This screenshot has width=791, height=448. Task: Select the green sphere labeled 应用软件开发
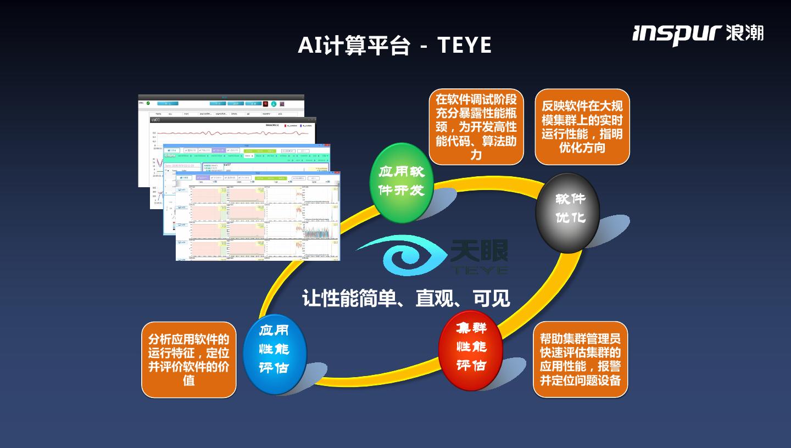(x=402, y=182)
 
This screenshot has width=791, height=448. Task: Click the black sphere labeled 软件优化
(x=567, y=212)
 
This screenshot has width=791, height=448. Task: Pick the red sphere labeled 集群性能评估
(x=471, y=350)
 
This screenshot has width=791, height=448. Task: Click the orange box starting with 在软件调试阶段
(x=476, y=127)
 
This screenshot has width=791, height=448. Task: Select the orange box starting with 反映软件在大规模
(x=582, y=127)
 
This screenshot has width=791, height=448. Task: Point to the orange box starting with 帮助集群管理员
(x=580, y=359)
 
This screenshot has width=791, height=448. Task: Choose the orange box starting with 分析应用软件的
(x=188, y=360)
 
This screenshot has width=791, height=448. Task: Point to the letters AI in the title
(x=310, y=46)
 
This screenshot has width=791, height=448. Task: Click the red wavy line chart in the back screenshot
(x=209, y=133)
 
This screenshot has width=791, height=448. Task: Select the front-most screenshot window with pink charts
(x=258, y=220)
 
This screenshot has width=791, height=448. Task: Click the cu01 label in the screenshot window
(x=156, y=120)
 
